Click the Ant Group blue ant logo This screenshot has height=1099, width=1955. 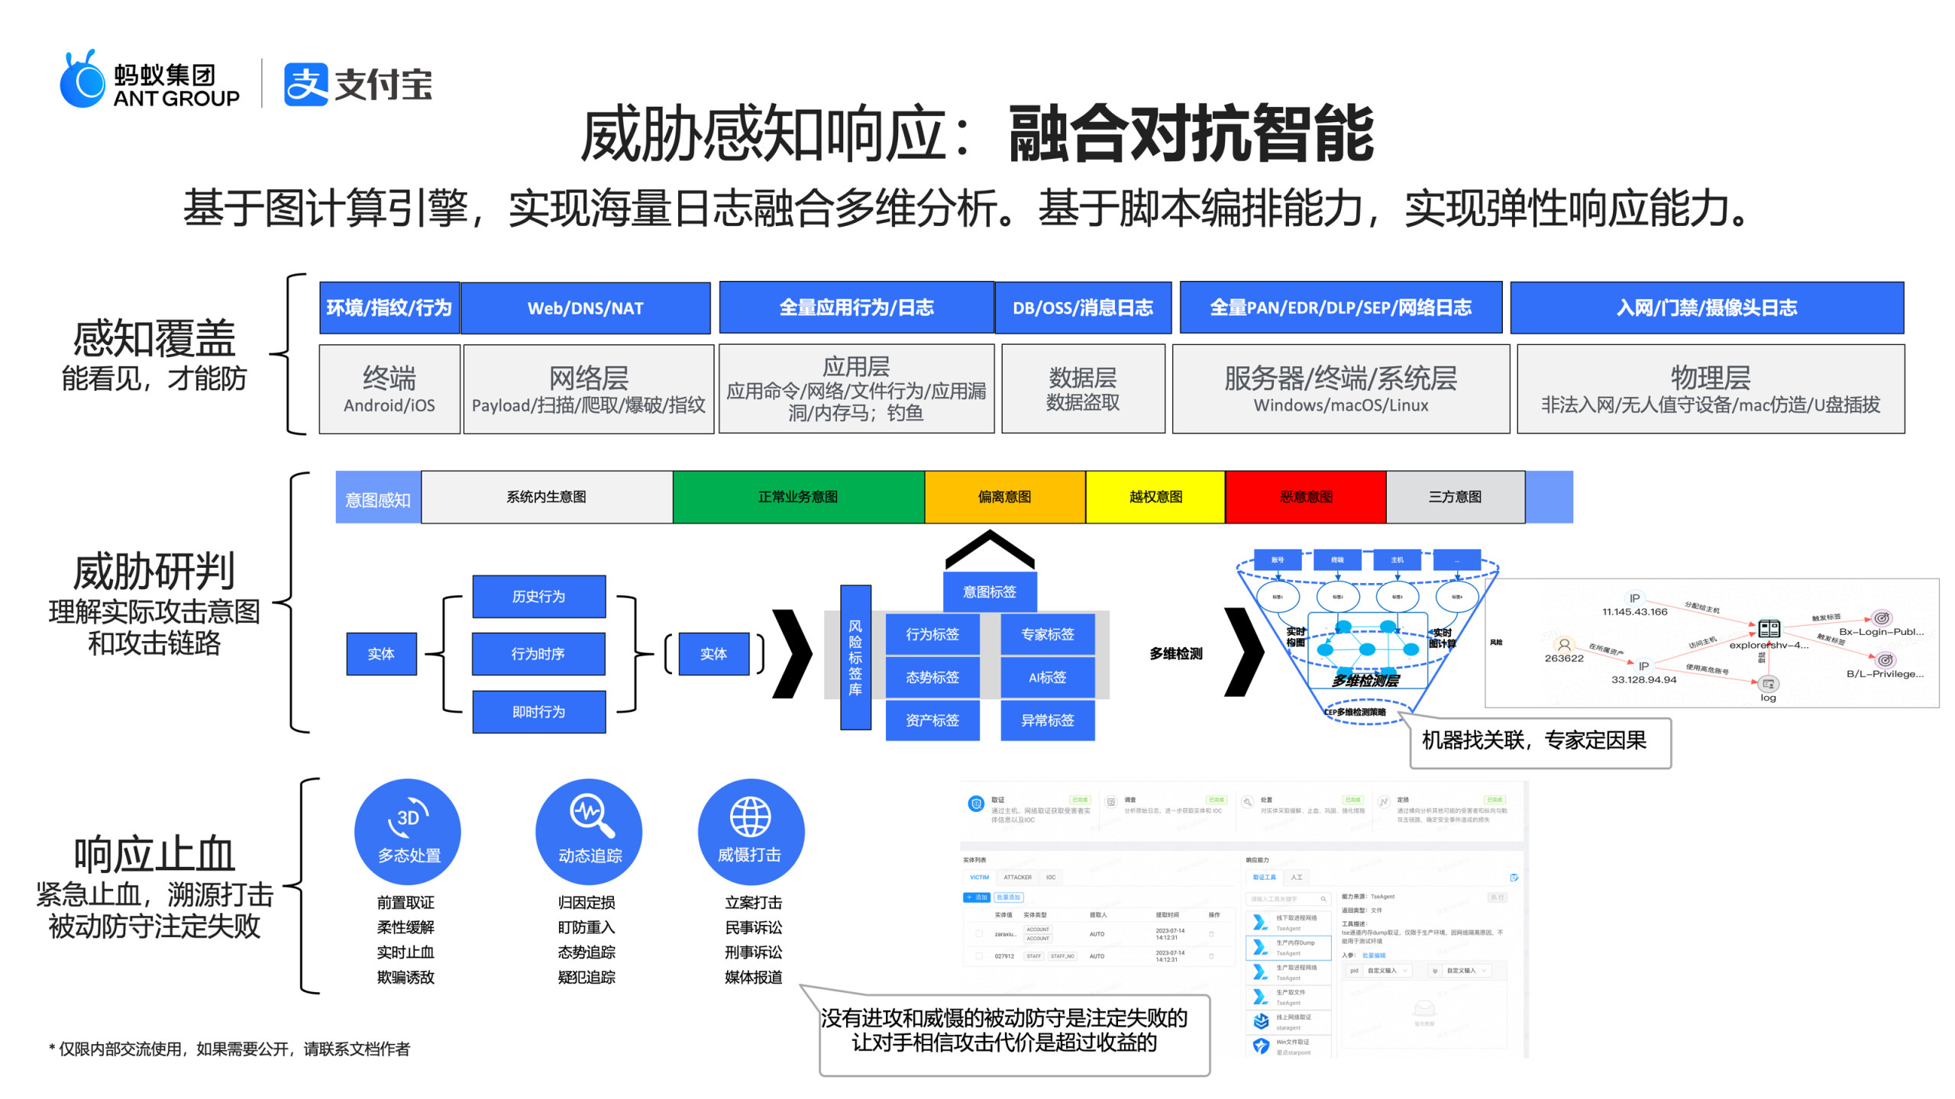[x=82, y=81]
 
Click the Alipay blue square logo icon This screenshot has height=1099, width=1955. [x=305, y=84]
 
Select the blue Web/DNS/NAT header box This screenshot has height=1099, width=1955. [x=585, y=308]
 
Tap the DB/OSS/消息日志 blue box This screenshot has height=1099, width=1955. [x=1082, y=308]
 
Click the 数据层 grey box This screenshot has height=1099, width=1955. [x=1082, y=388]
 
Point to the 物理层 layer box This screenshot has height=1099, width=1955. [x=1710, y=388]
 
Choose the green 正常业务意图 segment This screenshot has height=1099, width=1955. [x=797, y=497]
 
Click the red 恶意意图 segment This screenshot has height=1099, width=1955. [x=1305, y=497]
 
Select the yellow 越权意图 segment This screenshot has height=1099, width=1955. [x=1155, y=497]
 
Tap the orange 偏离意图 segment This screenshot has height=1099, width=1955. [x=1004, y=497]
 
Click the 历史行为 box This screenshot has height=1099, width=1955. [x=538, y=596]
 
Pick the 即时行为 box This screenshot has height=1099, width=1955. [x=538, y=711]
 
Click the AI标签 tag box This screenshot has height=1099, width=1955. [x=1047, y=677]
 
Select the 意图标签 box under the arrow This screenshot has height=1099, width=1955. [x=989, y=591]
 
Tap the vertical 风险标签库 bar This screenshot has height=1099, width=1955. [x=855, y=657]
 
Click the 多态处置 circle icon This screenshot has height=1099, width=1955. [x=408, y=831]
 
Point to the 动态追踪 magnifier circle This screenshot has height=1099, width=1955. [x=589, y=831]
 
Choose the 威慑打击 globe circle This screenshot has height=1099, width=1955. [x=750, y=831]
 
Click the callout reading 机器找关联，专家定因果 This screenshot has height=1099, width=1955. [x=1539, y=741]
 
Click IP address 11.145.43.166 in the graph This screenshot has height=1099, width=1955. [x=1634, y=611]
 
